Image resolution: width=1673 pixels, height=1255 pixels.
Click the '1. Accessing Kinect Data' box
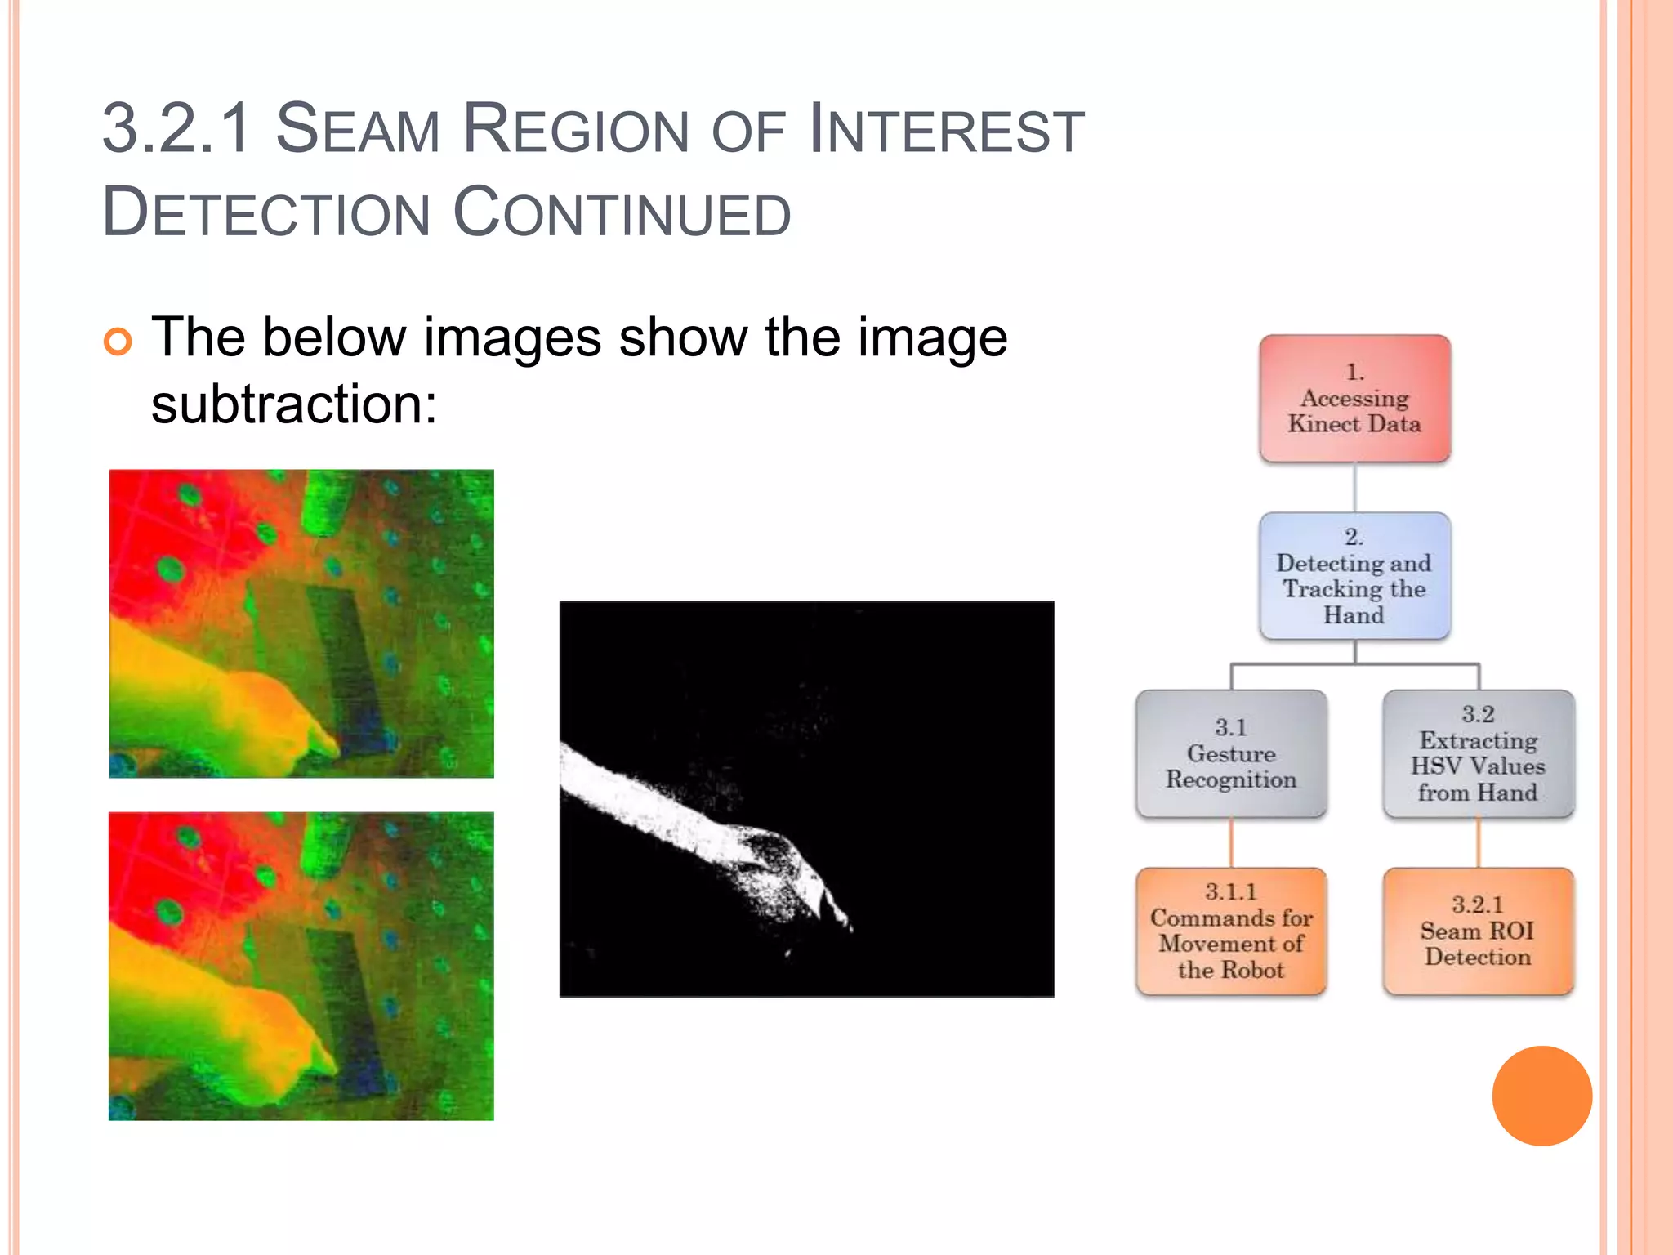(x=1354, y=399)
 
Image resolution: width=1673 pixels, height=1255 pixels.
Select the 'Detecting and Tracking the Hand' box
(x=1354, y=576)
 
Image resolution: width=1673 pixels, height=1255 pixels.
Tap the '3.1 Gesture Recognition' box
(x=1231, y=753)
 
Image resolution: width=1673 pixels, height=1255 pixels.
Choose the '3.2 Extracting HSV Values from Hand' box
(x=1478, y=753)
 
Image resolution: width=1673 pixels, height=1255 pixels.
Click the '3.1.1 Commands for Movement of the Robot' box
(x=1231, y=931)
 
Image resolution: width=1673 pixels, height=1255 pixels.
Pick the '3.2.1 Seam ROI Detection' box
(x=1478, y=931)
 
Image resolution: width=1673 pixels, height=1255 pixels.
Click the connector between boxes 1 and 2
(x=1354, y=487)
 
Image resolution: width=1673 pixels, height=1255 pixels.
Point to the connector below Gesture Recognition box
(x=1231, y=842)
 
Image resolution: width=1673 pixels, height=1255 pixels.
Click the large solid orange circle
(x=1541, y=1096)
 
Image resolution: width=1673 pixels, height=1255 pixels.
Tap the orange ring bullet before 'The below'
(x=118, y=342)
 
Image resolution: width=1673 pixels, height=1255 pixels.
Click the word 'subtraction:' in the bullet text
(x=294, y=404)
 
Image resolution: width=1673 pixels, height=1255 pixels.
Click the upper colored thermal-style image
(x=301, y=623)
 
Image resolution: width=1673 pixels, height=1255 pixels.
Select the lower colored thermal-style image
(x=301, y=966)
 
